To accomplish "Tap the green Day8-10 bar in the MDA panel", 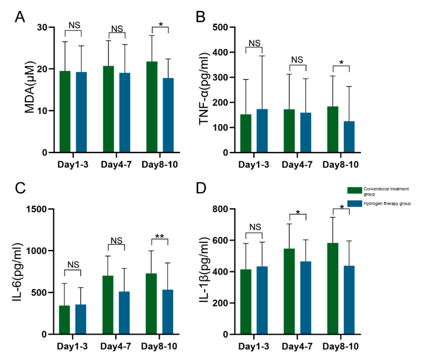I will tap(152, 107).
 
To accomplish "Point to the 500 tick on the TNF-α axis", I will tap(229, 27).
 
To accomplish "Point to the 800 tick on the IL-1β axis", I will tap(229, 209).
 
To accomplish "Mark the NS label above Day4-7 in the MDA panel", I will tap(117, 28).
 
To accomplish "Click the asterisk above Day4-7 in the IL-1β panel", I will tap(299, 212).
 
